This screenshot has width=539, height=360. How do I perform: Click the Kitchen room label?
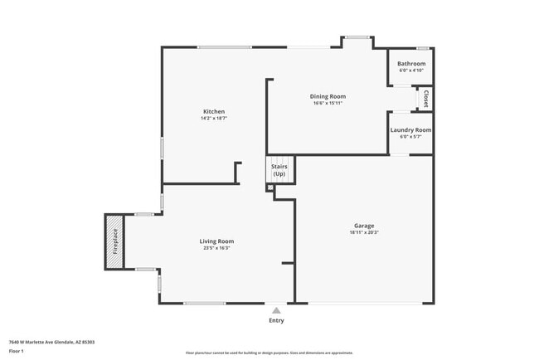[214, 111]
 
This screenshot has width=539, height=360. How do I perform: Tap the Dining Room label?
[328, 96]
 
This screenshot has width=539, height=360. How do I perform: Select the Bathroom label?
[411, 64]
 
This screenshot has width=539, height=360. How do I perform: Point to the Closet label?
[425, 98]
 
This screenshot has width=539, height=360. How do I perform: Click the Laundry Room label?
[411, 130]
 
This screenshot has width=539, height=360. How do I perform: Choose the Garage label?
[364, 226]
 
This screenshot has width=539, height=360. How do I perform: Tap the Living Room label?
[216, 241]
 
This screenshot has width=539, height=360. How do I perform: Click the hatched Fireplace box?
[114, 241]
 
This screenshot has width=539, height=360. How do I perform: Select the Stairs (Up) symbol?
[279, 169]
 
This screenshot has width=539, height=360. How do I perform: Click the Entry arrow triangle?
[276, 310]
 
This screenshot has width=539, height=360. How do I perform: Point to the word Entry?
[276, 320]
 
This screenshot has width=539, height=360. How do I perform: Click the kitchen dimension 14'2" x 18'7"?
[214, 119]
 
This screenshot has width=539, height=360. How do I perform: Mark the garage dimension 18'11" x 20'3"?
[364, 232]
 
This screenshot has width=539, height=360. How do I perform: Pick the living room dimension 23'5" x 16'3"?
[216, 248]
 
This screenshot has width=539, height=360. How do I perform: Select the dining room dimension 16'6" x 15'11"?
[328, 103]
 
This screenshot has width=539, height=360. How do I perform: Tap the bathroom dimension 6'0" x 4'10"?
[411, 71]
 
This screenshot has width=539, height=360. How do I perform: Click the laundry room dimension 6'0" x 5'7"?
[411, 137]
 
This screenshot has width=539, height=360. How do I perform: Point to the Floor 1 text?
[17, 351]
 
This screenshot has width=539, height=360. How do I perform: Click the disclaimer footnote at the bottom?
[269, 353]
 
